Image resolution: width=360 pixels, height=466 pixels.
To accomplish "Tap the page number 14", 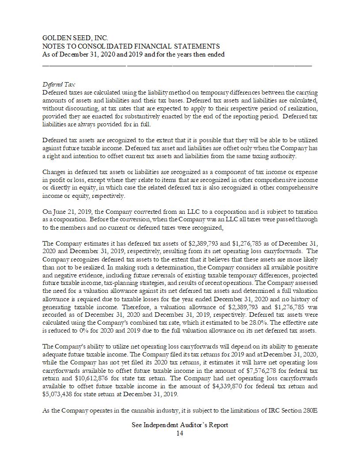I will [180, 433].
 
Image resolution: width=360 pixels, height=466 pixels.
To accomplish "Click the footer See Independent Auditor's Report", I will [180, 425].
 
